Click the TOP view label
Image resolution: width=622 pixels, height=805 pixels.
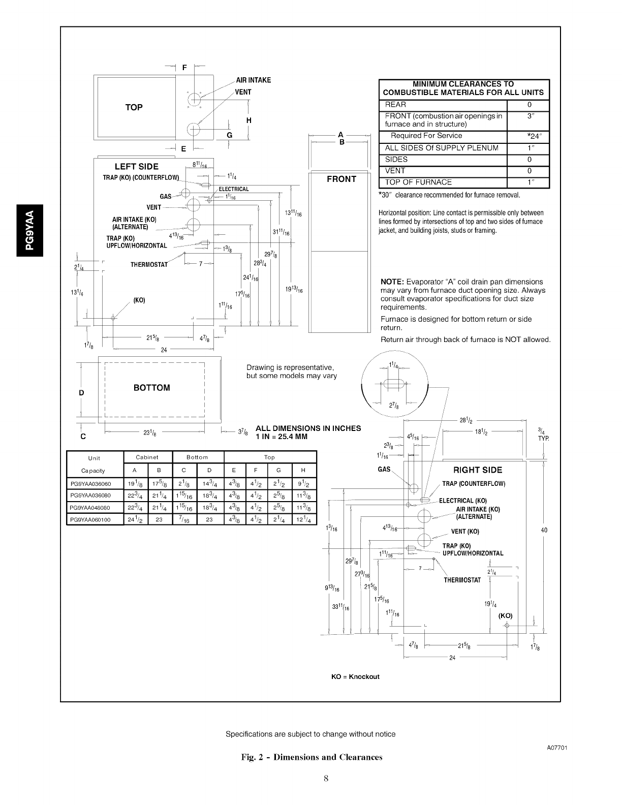pos(134,107)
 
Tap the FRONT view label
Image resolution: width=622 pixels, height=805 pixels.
pos(341,179)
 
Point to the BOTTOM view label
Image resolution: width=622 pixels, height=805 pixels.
pos(151,388)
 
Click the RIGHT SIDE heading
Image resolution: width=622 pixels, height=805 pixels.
pos(478,470)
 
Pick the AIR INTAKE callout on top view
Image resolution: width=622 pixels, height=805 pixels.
pos(254,80)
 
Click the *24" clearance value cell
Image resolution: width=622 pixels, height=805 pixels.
pos(528,136)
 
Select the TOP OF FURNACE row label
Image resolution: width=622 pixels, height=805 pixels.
pos(418,182)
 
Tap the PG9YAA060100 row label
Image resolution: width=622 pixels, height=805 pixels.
pos(94,520)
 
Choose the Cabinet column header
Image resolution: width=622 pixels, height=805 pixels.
pos(148,457)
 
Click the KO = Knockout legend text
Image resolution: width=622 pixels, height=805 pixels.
pos(356,676)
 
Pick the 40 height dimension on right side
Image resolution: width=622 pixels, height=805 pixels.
pos(544,531)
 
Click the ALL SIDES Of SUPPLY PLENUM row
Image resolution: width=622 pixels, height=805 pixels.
pos(442,148)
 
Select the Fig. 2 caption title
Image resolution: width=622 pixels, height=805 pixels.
pos(311,757)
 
